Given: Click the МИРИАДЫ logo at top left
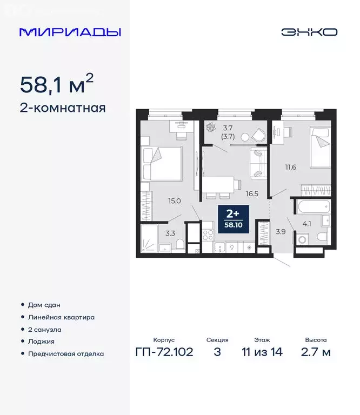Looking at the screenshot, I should click(x=70, y=32).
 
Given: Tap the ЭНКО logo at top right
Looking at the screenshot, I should click(x=309, y=32).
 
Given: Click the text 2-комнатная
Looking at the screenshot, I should click(x=62, y=108).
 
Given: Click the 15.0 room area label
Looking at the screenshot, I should click(x=174, y=201).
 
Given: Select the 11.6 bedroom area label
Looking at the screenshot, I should click(x=290, y=167).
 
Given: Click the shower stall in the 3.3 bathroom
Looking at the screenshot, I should click(x=149, y=238).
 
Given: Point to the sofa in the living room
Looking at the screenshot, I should click(x=257, y=163).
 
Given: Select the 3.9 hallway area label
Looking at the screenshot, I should click(x=280, y=232).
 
